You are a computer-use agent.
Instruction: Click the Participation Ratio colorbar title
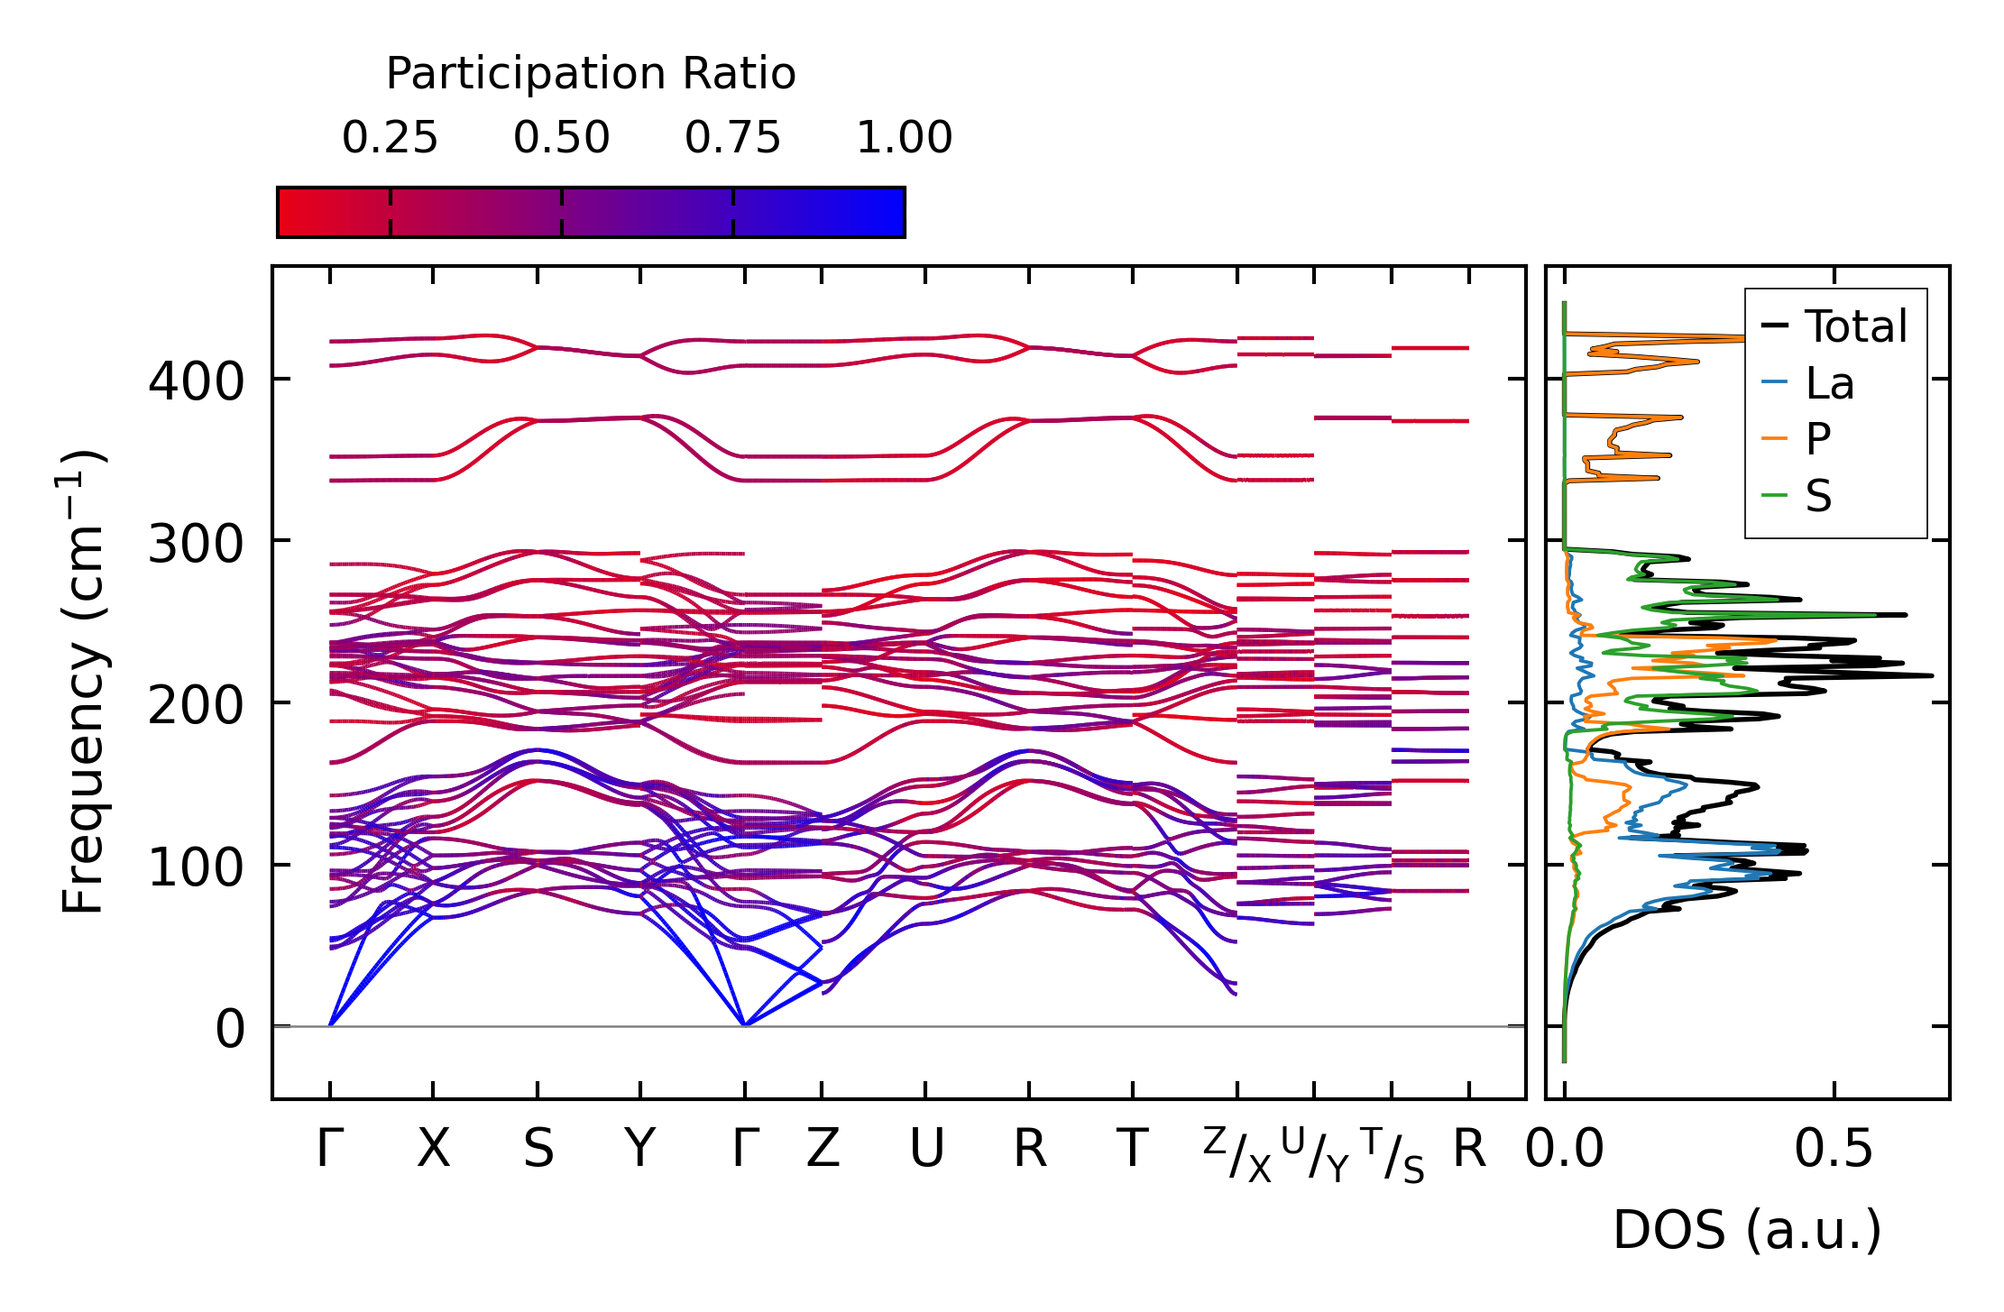pyautogui.click(x=591, y=74)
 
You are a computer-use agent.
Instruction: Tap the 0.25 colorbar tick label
pyautogui.click(x=390, y=138)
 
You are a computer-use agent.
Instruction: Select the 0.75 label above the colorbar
pyautogui.click(x=732, y=138)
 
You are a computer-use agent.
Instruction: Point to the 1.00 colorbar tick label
pyautogui.click(x=904, y=138)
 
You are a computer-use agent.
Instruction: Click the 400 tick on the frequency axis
pyautogui.click(x=196, y=381)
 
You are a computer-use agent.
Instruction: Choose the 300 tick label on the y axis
pyautogui.click(x=196, y=544)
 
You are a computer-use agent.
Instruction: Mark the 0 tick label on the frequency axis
pyautogui.click(x=229, y=1029)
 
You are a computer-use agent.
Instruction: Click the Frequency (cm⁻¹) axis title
pyautogui.click(x=84, y=683)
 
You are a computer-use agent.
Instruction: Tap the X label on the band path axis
pyautogui.click(x=433, y=1150)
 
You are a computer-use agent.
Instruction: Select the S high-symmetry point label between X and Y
pyautogui.click(x=538, y=1150)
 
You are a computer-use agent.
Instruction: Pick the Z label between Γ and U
pyautogui.click(x=823, y=1150)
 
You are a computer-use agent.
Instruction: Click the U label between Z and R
pyautogui.click(x=926, y=1150)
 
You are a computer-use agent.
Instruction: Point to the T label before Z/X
pyautogui.click(x=1133, y=1150)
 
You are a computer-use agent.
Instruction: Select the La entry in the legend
pyautogui.click(x=1829, y=383)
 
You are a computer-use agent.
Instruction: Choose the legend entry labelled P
pyautogui.click(x=1817, y=439)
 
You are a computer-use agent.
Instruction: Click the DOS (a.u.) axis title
pyautogui.click(x=1747, y=1230)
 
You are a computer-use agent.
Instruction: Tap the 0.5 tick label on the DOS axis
pyautogui.click(x=1834, y=1150)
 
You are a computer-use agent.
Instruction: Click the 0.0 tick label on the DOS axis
pyautogui.click(x=1565, y=1150)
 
